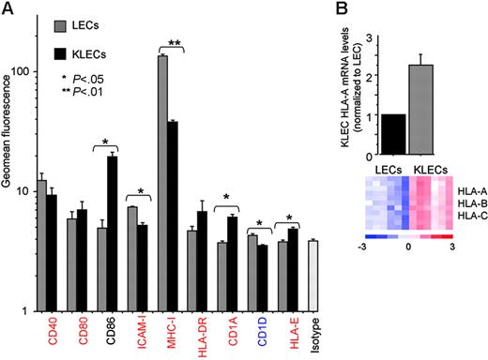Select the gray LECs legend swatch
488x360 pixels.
[x=53, y=22]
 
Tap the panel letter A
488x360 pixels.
[x=8, y=8]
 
